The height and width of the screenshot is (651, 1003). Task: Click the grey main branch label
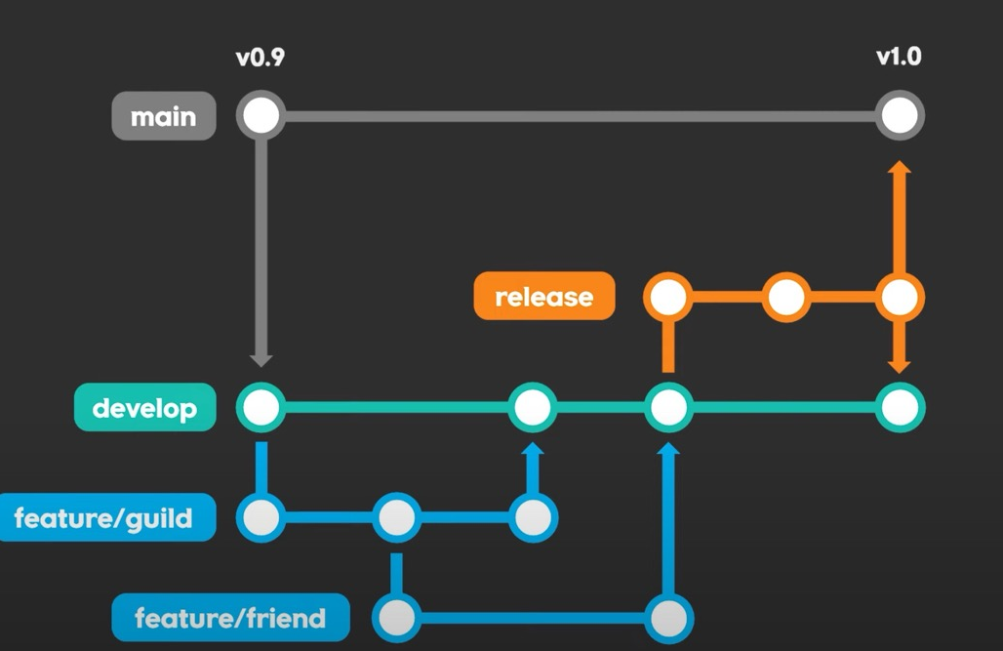pyautogui.click(x=163, y=116)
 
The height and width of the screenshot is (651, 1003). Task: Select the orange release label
pyautogui.click(x=544, y=296)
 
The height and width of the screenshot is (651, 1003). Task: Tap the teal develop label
pyautogui.click(x=144, y=407)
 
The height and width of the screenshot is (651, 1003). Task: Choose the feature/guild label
pyautogui.click(x=104, y=517)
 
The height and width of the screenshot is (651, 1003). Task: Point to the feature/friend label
pyautogui.click(x=230, y=618)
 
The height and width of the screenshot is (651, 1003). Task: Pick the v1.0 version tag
pyautogui.click(x=898, y=56)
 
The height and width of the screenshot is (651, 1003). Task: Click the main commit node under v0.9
pyautogui.click(x=261, y=116)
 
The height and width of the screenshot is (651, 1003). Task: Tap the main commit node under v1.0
pyautogui.click(x=899, y=116)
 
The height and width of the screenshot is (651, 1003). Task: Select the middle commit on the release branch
pyautogui.click(x=786, y=297)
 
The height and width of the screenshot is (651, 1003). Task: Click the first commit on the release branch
pyautogui.click(x=668, y=297)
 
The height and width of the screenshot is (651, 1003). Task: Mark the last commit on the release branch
pyautogui.click(x=899, y=297)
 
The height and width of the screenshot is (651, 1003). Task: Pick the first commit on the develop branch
pyautogui.click(x=261, y=407)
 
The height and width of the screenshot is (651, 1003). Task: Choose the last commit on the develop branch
pyautogui.click(x=899, y=407)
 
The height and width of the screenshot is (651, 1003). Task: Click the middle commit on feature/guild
pyautogui.click(x=396, y=517)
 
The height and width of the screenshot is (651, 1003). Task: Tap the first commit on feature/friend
pyautogui.click(x=396, y=618)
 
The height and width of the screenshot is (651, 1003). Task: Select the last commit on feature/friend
pyautogui.click(x=668, y=618)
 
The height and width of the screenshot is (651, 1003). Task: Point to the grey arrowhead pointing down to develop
pyautogui.click(x=261, y=360)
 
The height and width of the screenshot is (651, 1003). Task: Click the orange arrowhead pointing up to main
pyautogui.click(x=899, y=168)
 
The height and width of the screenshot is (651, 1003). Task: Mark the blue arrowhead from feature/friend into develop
pyautogui.click(x=668, y=450)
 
